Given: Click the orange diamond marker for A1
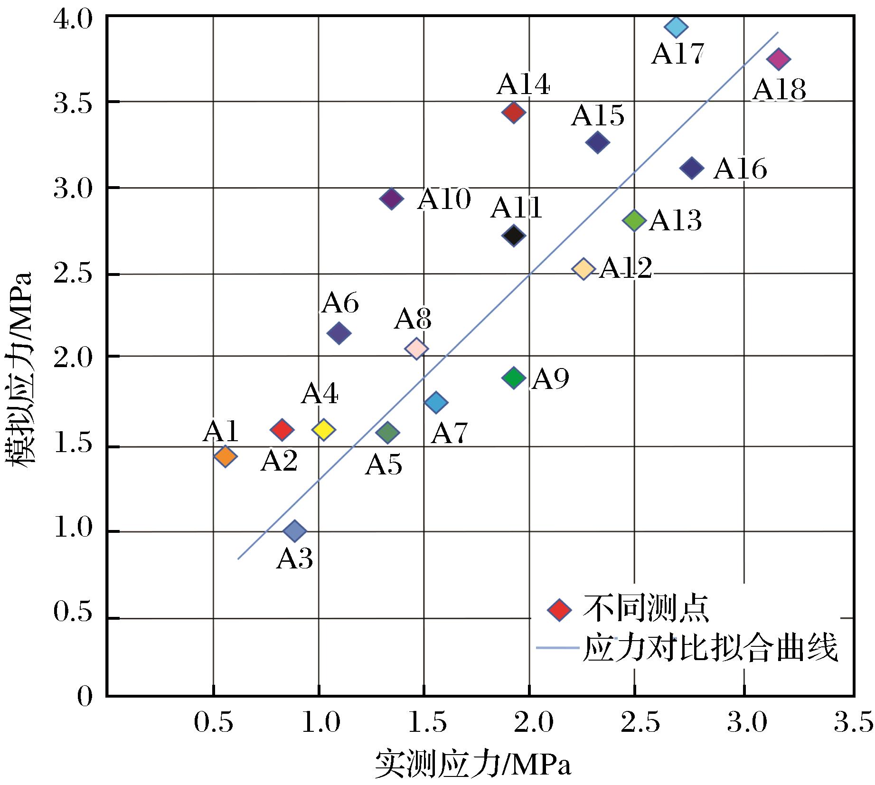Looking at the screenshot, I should pyautogui.click(x=225, y=456).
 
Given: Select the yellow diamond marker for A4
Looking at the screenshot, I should pyautogui.click(x=323, y=430).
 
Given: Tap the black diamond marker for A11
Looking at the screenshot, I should pyautogui.click(x=513, y=235).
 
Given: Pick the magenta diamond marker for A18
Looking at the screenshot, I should pyautogui.click(x=779, y=59).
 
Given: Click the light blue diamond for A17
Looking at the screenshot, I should pyautogui.click(x=676, y=27).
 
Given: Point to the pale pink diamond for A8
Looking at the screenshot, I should pyautogui.click(x=416, y=349).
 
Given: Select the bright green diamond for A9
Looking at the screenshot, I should pyautogui.click(x=513, y=378).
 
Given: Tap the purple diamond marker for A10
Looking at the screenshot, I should pyautogui.click(x=392, y=199).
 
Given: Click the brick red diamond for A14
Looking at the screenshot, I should pyautogui.click(x=513, y=113).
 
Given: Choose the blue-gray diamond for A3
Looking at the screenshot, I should pyautogui.click(x=294, y=530).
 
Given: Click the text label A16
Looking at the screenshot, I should pyautogui.click(x=740, y=169).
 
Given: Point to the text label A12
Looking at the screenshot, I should pyautogui.click(x=626, y=269).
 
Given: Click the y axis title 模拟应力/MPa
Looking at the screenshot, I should pyautogui.click(x=20, y=369).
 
